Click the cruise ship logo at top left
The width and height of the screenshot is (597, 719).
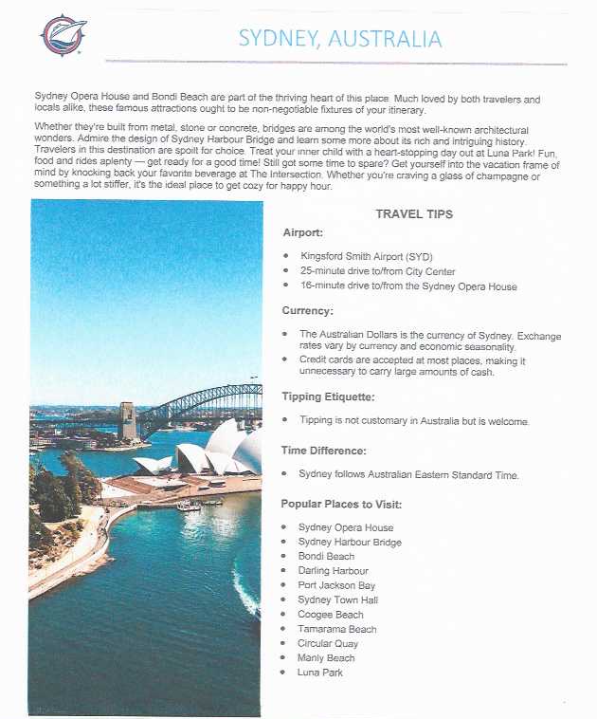tap(62, 35)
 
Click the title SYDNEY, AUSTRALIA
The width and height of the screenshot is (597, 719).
tap(339, 39)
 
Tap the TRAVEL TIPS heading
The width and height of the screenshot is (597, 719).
tap(414, 214)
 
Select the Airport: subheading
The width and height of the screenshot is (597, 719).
tap(303, 232)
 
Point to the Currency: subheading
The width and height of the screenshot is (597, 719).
tap(307, 310)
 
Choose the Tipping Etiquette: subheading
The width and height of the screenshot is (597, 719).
tap(328, 396)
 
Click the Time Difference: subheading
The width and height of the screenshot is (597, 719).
tap(322, 451)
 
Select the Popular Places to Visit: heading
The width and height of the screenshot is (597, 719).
tap(341, 504)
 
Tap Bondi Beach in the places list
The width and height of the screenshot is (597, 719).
tap(326, 557)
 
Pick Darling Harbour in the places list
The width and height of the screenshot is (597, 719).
tap(333, 571)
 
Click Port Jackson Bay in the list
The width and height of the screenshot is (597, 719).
tap(336, 586)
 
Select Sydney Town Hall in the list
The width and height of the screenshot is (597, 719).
tap(337, 600)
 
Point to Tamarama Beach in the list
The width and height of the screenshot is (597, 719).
tap(336, 629)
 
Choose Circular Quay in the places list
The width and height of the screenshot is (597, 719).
tap(328, 644)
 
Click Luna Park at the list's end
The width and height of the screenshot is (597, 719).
tap(319, 673)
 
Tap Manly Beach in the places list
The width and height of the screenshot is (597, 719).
tap(326, 658)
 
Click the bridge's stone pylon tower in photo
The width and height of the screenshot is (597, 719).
tap(128, 420)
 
